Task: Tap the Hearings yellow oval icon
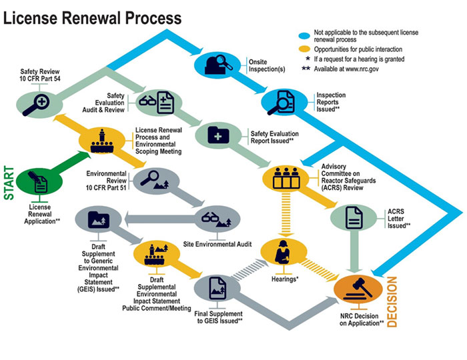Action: [x=286, y=252]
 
